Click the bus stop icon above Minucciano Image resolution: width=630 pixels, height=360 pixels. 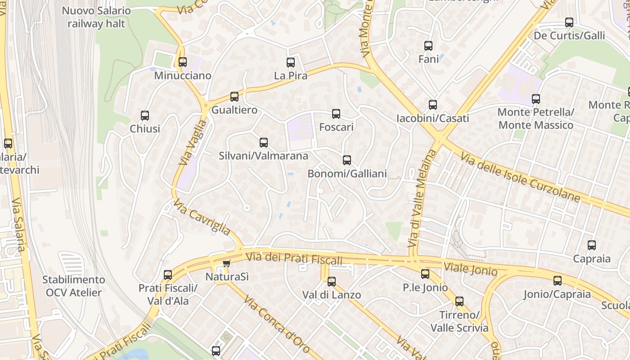tap(182, 62)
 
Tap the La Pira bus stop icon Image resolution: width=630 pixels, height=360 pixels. tap(291, 63)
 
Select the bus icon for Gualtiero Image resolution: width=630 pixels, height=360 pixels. tap(234, 97)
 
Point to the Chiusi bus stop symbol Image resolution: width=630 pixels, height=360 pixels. tap(145, 116)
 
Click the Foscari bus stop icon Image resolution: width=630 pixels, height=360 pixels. tap(336, 114)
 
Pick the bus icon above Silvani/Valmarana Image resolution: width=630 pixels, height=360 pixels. tap(264, 143)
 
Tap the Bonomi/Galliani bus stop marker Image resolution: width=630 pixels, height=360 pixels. tap(347, 160)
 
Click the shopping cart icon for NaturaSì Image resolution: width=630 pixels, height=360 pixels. tap(226, 263)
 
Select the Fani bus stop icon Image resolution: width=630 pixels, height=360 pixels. tap(428, 46)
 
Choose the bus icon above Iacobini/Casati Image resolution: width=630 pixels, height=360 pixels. tap(433, 105)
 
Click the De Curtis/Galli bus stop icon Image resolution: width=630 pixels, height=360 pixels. tap(569, 22)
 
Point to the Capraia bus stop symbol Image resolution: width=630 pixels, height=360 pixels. tap(592, 245)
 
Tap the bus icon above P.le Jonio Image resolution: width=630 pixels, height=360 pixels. tap(425, 274)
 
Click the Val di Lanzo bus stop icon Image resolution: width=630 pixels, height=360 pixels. tap(332, 282)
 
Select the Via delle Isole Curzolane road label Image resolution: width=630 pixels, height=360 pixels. tap(520, 177)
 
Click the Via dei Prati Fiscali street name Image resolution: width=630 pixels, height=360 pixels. tap(294, 259)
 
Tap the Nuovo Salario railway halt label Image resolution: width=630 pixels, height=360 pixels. tap(96, 17)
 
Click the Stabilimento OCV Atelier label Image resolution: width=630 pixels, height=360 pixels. tap(74, 286)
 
